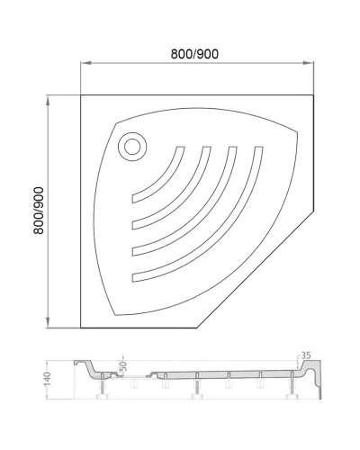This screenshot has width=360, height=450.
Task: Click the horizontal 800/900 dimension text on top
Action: (196, 52)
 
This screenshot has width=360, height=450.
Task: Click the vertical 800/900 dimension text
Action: (39, 212)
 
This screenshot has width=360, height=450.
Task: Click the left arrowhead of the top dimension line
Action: (85, 63)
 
